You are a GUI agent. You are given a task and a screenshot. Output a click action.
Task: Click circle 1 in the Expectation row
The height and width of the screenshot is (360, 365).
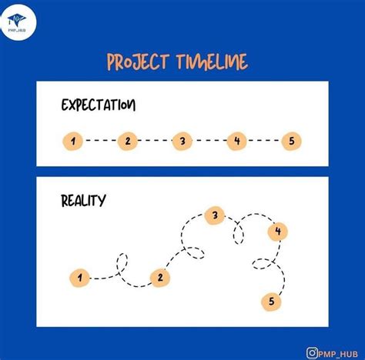tap(72, 141)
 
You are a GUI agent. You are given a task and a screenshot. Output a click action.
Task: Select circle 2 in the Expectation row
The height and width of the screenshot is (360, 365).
tap(127, 141)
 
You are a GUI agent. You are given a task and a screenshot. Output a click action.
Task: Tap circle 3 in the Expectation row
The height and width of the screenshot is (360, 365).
tap(182, 141)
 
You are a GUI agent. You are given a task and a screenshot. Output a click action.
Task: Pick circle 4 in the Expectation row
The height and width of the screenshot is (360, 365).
tap(237, 141)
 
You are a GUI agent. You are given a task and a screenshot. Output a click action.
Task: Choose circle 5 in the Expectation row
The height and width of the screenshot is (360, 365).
tap(291, 141)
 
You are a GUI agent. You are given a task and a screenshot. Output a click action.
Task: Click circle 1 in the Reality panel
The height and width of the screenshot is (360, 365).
tap(79, 278)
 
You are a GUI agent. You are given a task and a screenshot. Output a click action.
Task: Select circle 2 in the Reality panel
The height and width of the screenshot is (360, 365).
tap(159, 278)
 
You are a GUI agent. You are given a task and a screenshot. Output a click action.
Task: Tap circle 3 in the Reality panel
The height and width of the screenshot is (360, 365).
tap(215, 216)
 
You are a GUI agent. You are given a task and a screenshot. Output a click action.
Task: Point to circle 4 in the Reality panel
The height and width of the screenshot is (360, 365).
tap(277, 231)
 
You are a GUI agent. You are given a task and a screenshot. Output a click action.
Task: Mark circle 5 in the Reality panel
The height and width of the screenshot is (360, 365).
tap(271, 302)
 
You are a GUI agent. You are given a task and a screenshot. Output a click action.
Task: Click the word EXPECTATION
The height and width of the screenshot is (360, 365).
tap(98, 105)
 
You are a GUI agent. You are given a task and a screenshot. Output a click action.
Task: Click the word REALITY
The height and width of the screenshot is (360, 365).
tap(83, 202)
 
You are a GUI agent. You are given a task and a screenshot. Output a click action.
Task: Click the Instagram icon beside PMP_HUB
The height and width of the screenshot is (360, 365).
tap(312, 352)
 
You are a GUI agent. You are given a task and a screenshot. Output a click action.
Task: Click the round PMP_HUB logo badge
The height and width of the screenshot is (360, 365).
tap(18, 17)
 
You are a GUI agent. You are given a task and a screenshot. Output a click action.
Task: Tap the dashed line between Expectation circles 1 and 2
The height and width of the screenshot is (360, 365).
tap(99, 141)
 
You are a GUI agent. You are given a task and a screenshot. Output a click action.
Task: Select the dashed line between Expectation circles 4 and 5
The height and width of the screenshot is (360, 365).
tap(264, 141)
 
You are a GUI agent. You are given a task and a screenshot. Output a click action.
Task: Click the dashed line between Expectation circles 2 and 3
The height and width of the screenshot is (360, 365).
tap(154, 141)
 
